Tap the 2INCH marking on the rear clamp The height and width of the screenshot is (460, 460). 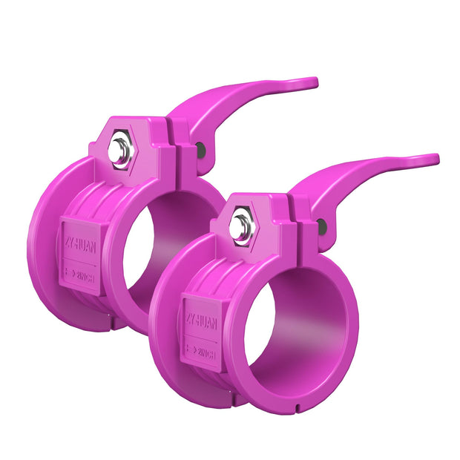83,273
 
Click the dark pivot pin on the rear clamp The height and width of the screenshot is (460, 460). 201,151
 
